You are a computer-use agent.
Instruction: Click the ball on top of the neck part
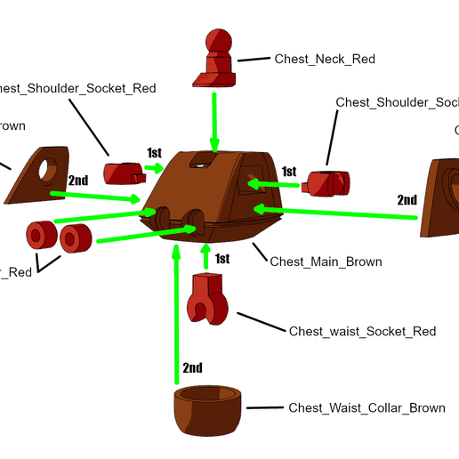coord(217,42)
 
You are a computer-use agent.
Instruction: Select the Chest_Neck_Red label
coord(325,60)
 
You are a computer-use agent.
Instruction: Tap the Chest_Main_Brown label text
coord(326,262)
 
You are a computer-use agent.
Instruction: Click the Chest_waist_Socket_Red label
coord(362,332)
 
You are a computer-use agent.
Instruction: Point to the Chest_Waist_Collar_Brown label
coord(366,408)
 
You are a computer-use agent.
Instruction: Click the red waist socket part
coord(209,297)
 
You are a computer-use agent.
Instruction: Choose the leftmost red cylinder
coord(38,236)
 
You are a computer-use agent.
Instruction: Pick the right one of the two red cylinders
coord(77,238)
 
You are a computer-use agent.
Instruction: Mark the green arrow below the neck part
coord(213,119)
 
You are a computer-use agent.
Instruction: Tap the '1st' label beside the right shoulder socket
coord(288,171)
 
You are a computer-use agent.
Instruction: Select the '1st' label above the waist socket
coord(221,259)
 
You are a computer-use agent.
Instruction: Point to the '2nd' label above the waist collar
coord(192,367)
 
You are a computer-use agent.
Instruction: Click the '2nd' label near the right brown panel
coord(407,200)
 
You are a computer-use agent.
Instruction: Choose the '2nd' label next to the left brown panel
coord(78,181)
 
